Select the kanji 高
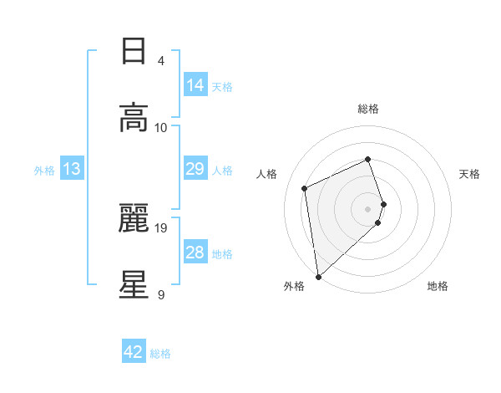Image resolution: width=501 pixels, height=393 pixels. tap(134, 118)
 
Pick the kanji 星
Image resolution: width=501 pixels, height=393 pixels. tap(134, 284)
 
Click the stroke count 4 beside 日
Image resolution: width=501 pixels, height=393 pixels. tap(161, 61)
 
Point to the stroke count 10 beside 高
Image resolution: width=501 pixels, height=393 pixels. tap(161, 127)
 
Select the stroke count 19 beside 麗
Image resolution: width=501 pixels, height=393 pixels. tap(161, 227)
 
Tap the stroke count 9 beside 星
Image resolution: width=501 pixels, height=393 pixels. tap(161, 293)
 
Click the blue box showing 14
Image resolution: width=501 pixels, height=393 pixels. tap(195, 85)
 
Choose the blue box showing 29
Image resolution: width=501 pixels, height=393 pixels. tap(195, 169)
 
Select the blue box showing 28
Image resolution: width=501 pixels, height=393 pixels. tap(195, 253)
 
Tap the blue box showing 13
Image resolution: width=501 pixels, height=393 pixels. tap(72, 169)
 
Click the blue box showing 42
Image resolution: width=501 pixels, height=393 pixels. tap(134, 352)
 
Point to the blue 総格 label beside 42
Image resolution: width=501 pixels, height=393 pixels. tap(160, 354)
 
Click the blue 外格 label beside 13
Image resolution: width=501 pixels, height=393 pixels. tap(44, 170)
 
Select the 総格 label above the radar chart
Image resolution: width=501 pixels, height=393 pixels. tap(368, 109)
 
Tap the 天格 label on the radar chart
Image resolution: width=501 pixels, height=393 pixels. tap(469, 174)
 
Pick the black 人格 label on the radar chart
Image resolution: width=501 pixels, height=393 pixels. tap(267, 174)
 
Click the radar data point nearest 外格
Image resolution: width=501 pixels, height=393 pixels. tap(317, 276)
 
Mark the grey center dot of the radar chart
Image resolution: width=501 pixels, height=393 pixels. tap(368, 208)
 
